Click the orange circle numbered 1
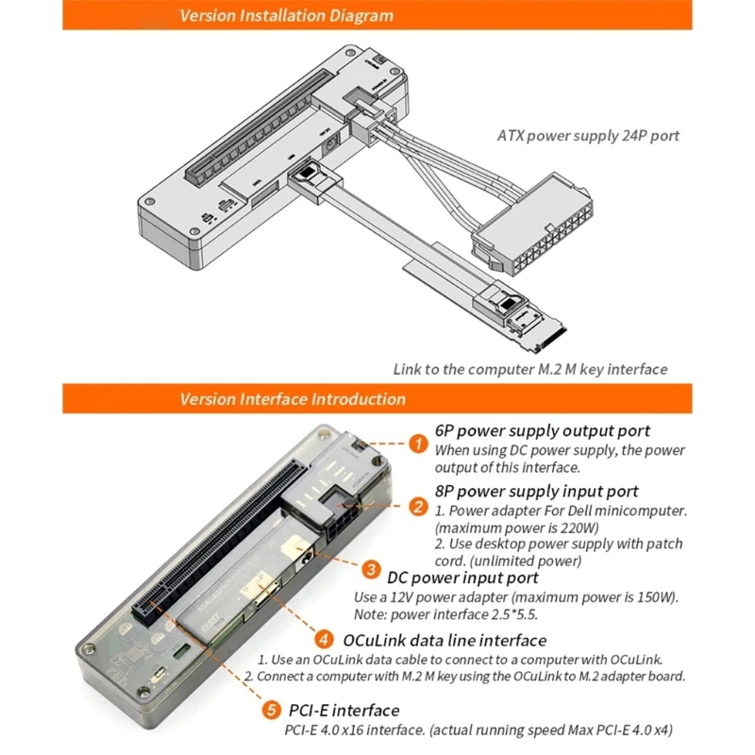coord(418,444)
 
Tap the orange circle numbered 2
coord(418,506)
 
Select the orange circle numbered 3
coord(372,570)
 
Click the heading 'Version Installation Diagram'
coord(287,15)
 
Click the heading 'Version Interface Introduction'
coord(293,398)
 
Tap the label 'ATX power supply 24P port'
coord(588,136)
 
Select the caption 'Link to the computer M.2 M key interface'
coord(529,369)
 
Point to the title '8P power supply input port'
coord(537,491)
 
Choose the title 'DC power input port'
coord(462,577)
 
